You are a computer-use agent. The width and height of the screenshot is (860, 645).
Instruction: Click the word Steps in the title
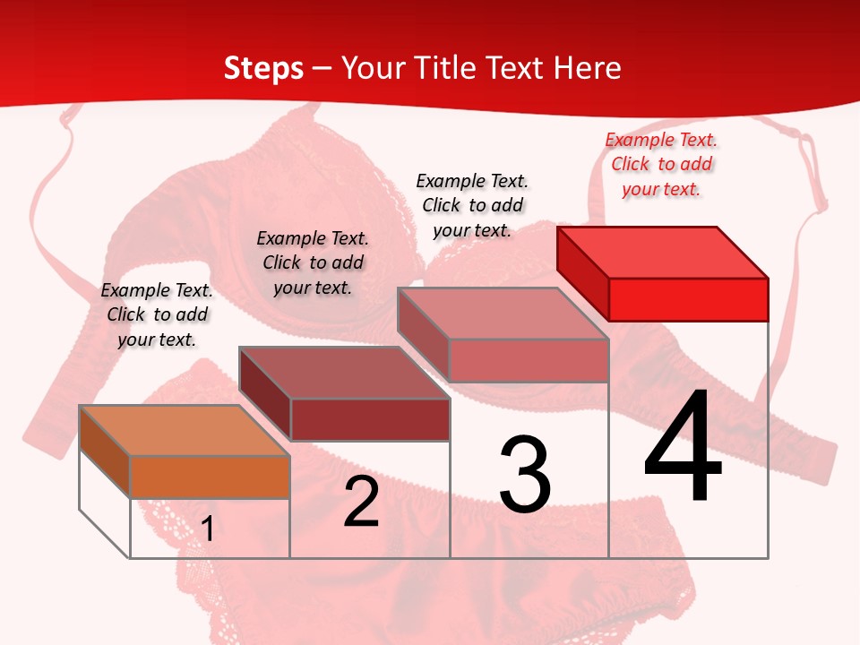263,68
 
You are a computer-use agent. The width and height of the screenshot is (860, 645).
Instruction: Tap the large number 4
683,448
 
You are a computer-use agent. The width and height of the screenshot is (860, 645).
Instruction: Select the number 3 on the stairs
525,475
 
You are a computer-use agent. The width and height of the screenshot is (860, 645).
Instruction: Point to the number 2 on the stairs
362,502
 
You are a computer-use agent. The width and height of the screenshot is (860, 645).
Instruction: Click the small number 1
208,529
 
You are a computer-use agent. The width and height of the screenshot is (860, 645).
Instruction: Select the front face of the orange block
210,477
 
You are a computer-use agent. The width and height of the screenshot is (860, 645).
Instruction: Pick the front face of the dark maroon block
369,419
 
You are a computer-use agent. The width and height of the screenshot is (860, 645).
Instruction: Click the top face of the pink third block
503,314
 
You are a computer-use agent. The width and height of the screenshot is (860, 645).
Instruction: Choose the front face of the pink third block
529,360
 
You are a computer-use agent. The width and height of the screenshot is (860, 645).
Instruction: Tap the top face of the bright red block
663,253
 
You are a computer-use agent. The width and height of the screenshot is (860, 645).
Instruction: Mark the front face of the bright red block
688,299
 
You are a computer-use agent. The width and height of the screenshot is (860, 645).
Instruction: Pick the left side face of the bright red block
582,269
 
